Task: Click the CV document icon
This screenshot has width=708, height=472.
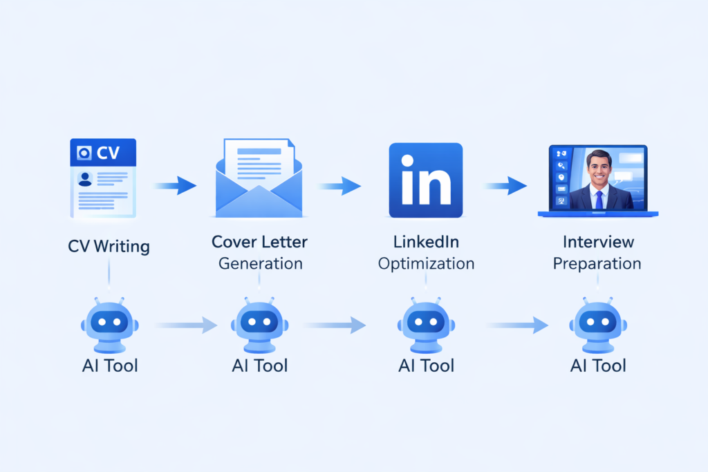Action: (x=103, y=179)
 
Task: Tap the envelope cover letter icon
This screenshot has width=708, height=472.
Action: (x=259, y=179)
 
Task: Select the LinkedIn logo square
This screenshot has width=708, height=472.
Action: (x=425, y=180)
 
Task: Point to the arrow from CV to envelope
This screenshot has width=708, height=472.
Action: (x=175, y=185)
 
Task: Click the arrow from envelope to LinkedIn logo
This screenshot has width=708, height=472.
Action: (x=339, y=185)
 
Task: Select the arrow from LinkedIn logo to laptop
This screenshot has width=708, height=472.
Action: (x=505, y=185)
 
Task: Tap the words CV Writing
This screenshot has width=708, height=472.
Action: (x=109, y=245)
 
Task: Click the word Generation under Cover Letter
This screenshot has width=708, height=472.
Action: (x=260, y=263)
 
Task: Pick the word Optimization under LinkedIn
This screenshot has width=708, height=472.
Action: (x=426, y=263)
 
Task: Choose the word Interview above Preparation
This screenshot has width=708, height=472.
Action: (x=598, y=242)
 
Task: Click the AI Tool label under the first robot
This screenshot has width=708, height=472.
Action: (x=109, y=365)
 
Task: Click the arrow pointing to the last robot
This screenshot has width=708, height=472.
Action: (x=519, y=324)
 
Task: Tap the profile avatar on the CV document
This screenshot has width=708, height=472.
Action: (x=85, y=179)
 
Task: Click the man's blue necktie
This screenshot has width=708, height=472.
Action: (x=599, y=198)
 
